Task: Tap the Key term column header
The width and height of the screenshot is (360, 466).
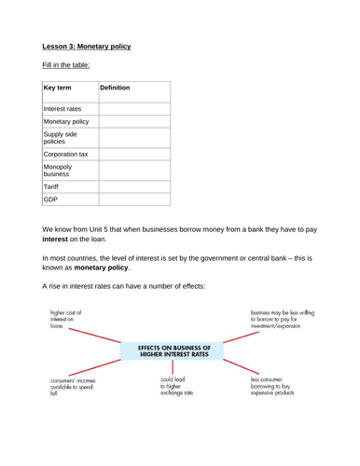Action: pos(58,87)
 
